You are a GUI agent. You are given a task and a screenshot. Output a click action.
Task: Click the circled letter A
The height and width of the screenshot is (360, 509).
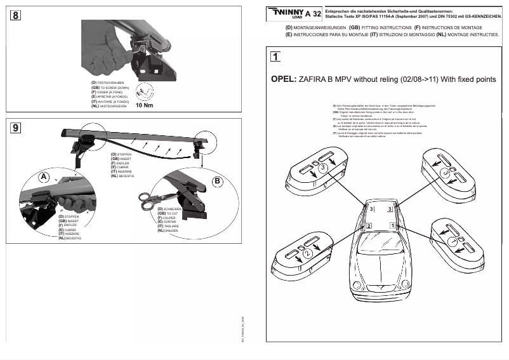(44, 176)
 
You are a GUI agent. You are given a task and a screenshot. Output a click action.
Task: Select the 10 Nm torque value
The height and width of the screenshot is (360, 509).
(145, 105)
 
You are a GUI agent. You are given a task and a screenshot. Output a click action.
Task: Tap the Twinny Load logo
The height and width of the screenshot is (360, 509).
(287, 13)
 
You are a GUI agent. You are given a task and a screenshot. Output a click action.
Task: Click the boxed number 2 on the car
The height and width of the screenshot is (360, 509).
(369, 225)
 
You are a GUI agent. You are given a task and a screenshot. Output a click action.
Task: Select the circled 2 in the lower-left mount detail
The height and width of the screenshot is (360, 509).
(307, 253)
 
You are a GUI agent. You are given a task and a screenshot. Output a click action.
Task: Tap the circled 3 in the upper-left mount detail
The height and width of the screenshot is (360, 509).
(322, 167)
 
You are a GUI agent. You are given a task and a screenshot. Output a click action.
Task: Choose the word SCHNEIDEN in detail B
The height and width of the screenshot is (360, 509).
(172, 209)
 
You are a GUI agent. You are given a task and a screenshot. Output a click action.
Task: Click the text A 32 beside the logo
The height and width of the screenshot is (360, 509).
(313, 14)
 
